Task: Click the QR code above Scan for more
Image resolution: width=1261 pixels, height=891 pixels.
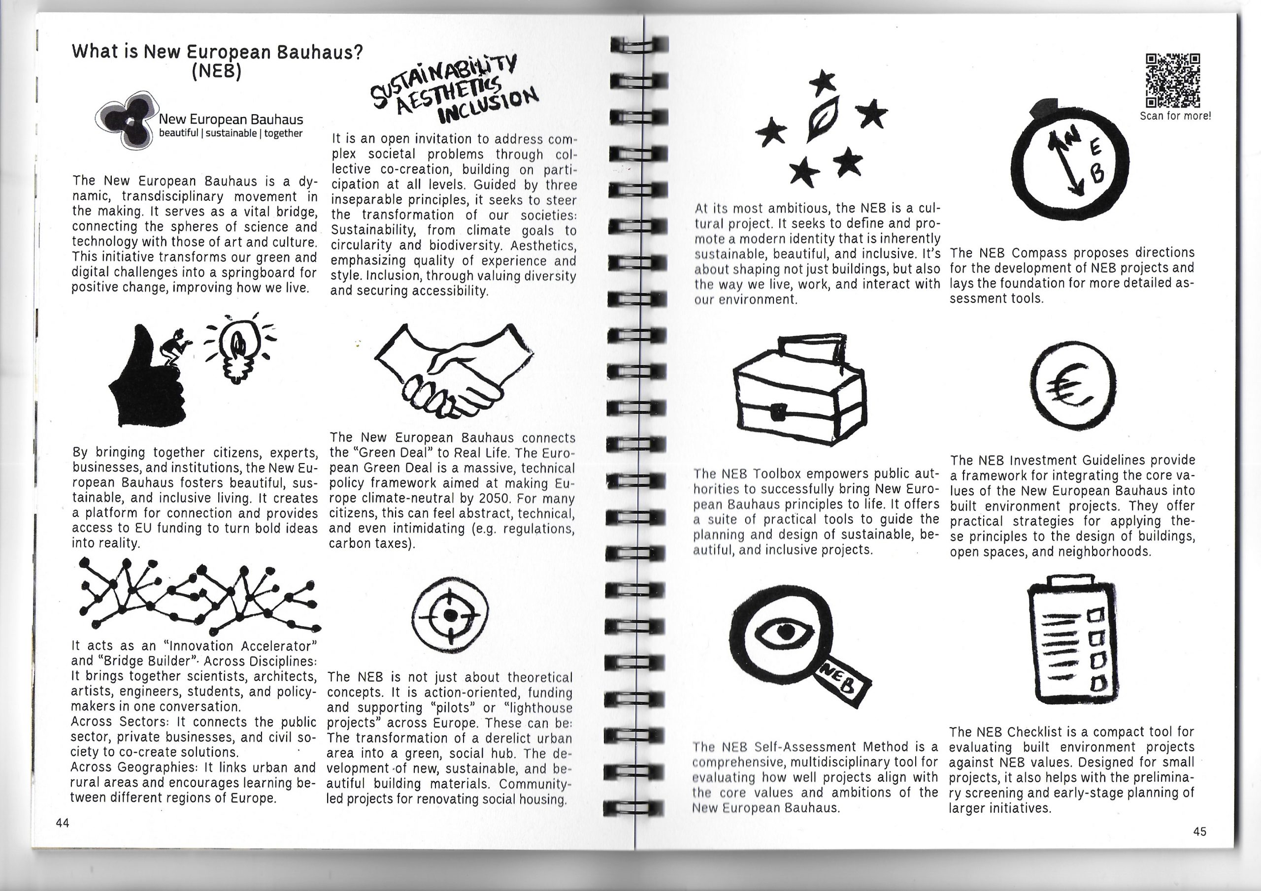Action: coord(1172,81)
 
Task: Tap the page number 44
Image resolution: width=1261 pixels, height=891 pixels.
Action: coord(62,823)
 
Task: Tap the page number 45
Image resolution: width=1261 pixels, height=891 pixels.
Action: coord(1199,832)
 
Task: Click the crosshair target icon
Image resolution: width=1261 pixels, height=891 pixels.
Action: coord(450,613)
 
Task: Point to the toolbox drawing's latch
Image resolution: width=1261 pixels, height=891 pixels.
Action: coord(778,412)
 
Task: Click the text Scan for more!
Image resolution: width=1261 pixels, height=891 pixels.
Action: coord(1175,116)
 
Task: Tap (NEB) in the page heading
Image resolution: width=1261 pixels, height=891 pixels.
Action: coord(216,72)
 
